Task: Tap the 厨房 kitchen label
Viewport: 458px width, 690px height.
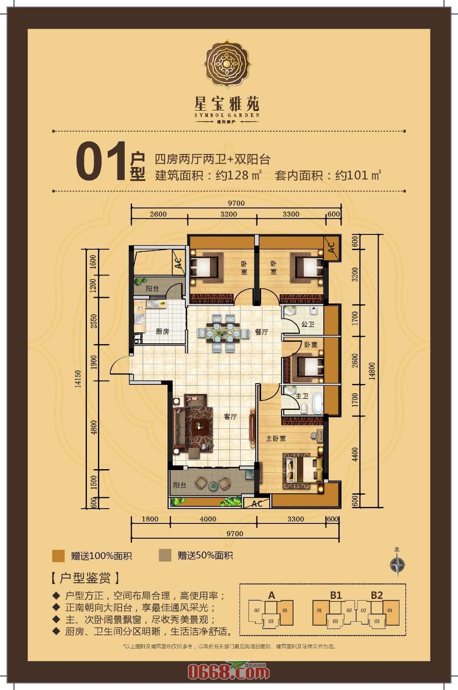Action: click(x=162, y=331)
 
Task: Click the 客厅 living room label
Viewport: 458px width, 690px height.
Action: click(x=230, y=417)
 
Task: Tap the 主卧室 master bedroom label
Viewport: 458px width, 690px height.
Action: click(x=276, y=438)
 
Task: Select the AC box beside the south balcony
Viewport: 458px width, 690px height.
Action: click(x=257, y=504)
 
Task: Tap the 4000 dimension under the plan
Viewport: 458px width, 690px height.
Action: click(x=208, y=519)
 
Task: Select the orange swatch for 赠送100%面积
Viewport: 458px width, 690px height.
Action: click(x=58, y=556)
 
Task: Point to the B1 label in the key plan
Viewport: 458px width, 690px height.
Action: click(x=336, y=595)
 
